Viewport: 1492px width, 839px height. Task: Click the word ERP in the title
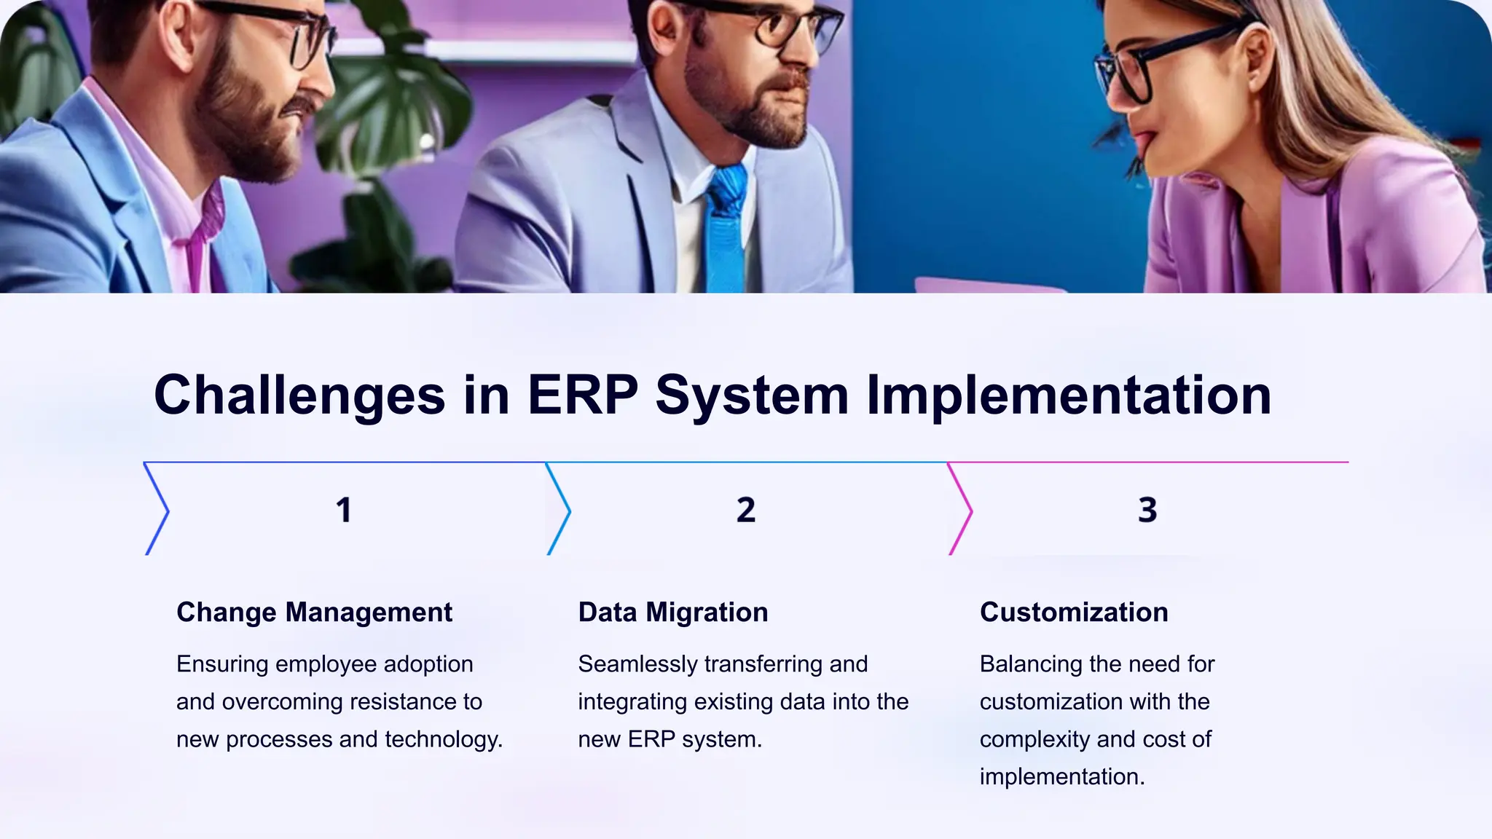coord(582,395)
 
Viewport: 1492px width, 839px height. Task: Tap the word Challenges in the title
coord(299,395)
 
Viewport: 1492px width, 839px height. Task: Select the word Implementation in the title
coord(1068,395)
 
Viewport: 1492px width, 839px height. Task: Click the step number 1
coord(344,510)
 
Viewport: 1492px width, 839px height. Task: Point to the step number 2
coord(745,510)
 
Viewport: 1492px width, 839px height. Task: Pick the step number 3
coord(1147,510)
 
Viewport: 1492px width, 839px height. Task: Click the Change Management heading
coord(314,612)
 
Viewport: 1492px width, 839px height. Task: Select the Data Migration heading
coord(672,612)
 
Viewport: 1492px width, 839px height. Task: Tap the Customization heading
coord(1073,612)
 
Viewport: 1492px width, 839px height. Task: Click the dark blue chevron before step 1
coord(157,510)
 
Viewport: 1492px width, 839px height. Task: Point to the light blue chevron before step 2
coord(559,510)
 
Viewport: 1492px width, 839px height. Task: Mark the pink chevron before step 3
coord(962,510)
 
